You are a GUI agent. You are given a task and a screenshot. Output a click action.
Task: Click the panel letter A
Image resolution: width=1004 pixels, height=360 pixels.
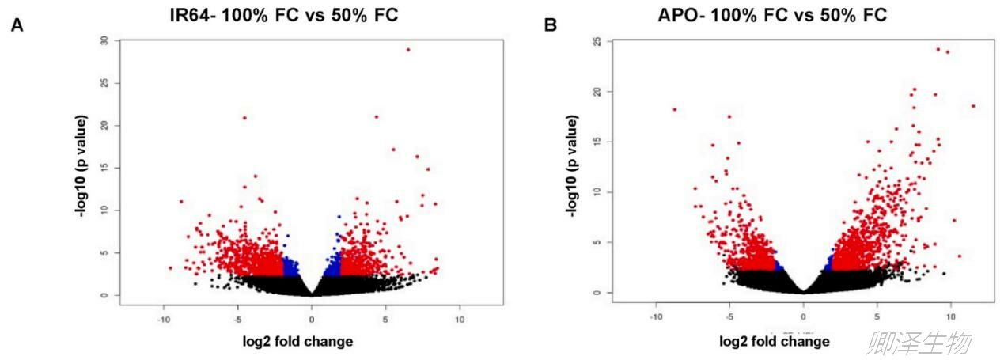[x=16, y=25]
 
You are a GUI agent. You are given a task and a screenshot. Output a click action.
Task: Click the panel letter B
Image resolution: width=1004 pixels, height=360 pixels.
[x=551, y=25]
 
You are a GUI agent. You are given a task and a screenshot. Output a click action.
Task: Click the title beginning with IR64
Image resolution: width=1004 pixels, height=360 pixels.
[x=283, y=15]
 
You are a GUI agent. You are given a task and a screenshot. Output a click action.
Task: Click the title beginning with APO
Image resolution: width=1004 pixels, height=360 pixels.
[x=772, y=15]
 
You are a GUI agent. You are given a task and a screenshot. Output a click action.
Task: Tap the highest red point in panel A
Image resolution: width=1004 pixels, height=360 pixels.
[x=408, y=49]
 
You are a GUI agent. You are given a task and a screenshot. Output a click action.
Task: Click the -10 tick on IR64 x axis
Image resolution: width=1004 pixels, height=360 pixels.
[x=163, y=320]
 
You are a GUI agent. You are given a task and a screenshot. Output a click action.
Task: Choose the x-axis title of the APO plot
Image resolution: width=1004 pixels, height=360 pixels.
[x=775, y=341]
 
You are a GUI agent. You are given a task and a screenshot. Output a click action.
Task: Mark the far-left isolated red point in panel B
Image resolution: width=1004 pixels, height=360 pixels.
[x=675, y=109]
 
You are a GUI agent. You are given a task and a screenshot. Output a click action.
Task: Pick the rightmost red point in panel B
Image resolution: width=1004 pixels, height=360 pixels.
[x=972, y=106]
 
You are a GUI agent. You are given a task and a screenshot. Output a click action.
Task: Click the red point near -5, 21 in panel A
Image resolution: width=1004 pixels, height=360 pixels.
[x=244, y=118]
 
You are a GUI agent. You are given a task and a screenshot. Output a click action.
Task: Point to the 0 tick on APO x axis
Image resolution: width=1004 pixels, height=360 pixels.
[x=803, y=316]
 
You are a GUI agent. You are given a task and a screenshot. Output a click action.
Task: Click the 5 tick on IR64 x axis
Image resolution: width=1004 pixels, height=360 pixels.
[x=385, y=320]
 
